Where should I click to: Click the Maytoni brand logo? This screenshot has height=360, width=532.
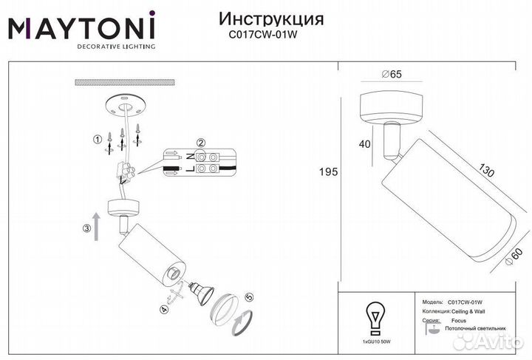(x=81, y=30)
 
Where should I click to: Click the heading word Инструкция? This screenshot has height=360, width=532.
(x=262, y=18)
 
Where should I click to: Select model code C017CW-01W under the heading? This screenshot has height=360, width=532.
(x=263, y=33)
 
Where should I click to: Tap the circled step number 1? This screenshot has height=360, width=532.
(x=96, y=139)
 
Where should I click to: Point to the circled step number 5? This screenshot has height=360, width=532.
(x=249, y=297)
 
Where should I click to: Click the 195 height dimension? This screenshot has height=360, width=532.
(x=328, y=172)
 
